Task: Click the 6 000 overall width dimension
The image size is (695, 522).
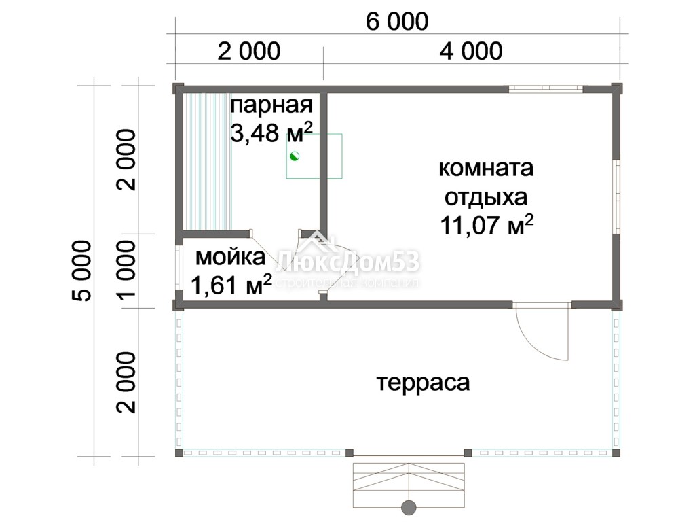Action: [397, 22]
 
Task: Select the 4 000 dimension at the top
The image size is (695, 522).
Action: [471, 51]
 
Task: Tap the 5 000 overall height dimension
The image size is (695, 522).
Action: [82, 271]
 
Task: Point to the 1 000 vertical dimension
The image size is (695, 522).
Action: [127, 269]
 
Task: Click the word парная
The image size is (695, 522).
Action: [271, 105]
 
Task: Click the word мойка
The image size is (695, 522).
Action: [231, 257]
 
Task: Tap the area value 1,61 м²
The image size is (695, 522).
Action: [231, 283]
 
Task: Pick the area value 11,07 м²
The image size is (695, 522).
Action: [486, 224]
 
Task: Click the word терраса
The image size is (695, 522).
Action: [424, 383]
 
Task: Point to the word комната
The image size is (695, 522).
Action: [486, 169]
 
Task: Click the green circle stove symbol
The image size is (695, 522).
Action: [295, 156]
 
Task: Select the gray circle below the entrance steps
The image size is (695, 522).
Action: [409, 506]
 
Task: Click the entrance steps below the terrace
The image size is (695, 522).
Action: [409, 485]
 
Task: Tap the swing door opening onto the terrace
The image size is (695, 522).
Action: [542, 331]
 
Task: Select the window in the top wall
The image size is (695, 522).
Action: [546, 89]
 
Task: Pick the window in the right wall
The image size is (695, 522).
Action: [616, 196]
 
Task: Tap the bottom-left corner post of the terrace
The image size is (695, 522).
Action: [179, 453]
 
